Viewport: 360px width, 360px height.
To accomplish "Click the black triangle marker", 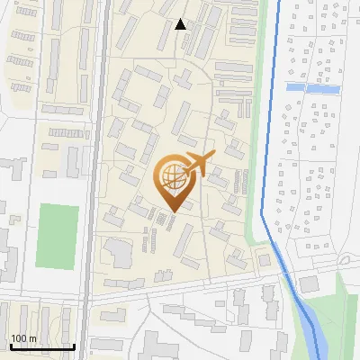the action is click(181, 24).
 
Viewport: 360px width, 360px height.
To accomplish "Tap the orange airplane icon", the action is click(199, 165).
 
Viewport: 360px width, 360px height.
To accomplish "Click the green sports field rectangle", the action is click(57, 236).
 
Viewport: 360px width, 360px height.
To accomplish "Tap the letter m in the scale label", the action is click(32, 338).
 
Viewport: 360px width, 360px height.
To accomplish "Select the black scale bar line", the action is click(42, 346).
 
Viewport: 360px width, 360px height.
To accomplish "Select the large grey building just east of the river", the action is click(309, 284).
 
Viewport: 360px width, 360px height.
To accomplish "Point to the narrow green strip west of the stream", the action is click(267, 108).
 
